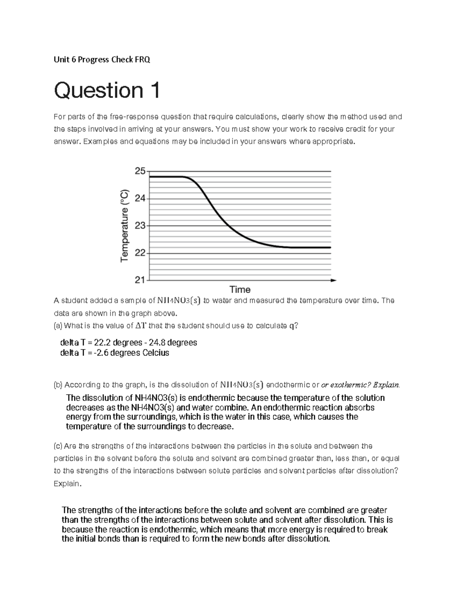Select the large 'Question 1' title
pyautogui.click(x=107, y=91)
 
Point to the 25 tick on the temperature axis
pyautogui.click(x=140, y=171)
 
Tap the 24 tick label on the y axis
pyautogui.click(x=140, y=198)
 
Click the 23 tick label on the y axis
pyautogui.click(x=140, y=226)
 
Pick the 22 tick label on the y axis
pyautogui.click(x=140, y=253)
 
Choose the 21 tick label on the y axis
pyautogui.click(x=140, y=280)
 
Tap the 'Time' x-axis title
pyautogui.click(x=240, y=290)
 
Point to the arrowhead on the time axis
pyautogui.click(x=334, y=280)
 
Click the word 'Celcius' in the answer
pyautogui.click(x=155, y=353)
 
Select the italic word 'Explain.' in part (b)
pyautogui.click(x=386, y=385)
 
